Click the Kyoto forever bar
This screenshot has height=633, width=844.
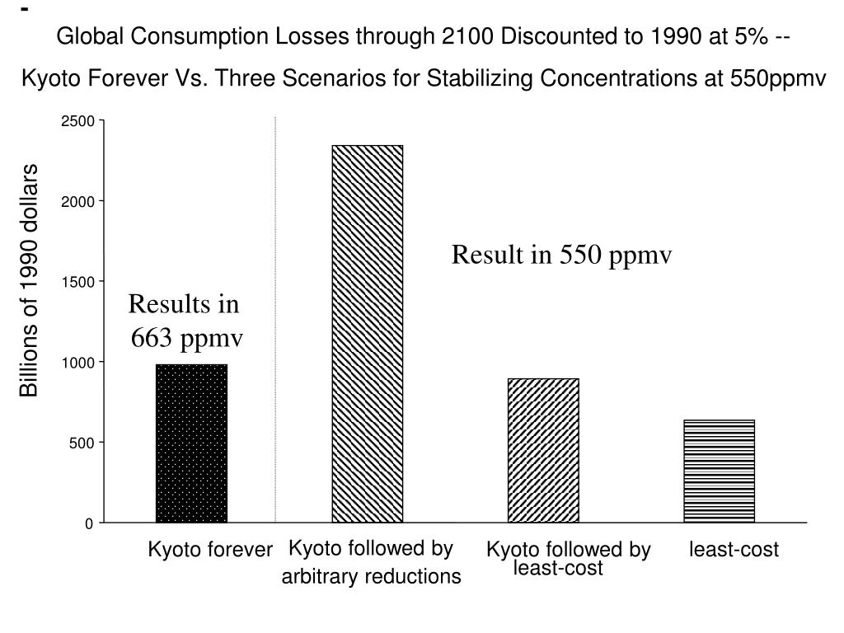[x=191, y=443]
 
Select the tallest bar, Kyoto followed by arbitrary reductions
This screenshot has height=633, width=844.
[x=368, y=334]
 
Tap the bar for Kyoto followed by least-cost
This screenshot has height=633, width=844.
[x=543, y=450]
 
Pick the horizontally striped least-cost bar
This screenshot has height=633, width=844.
[x=719, y=471]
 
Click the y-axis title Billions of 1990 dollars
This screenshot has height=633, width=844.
[x=30, y=280]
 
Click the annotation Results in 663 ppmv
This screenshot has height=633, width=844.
[x=185, y=321]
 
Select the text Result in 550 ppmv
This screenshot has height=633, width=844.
[x=561, y=256]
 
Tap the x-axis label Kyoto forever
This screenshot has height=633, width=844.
[x=209, y=550]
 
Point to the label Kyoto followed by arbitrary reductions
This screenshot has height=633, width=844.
[x=371, y=562]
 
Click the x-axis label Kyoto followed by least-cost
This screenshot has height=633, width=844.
[x=567, y=558]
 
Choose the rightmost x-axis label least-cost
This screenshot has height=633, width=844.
[x=734, y=550]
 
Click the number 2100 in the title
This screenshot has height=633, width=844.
[x=467, y=37]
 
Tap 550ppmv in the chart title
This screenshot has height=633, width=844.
[x=778, y=79]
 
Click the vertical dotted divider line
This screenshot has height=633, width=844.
[x=275, y=321]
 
